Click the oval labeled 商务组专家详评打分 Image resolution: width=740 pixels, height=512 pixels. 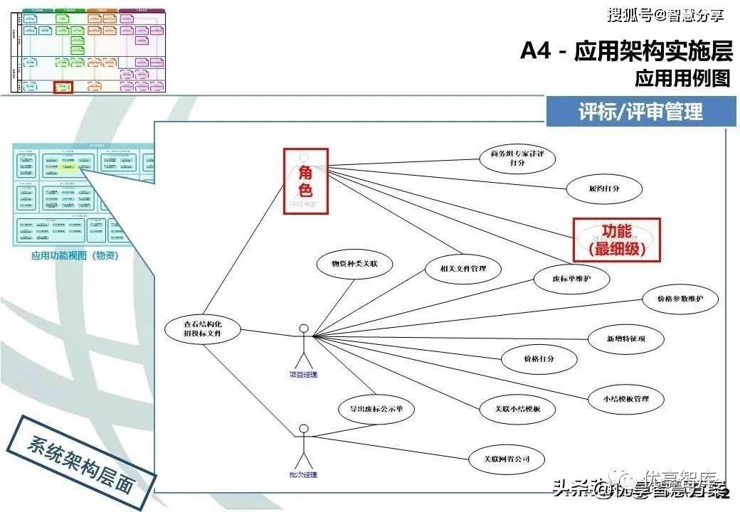[517, 158]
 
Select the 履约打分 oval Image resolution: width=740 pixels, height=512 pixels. [605, 188]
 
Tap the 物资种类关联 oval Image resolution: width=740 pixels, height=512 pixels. [354, 264]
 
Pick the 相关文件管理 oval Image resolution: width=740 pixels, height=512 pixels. [464, 269]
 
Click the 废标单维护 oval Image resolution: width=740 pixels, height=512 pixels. [571, 279]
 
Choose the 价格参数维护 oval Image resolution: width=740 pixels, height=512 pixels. [680, 299]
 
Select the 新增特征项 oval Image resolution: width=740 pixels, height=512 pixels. [625, 338]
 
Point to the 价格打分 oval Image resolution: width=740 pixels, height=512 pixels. [539, 358]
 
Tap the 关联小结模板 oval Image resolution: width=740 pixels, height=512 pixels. [517, 409]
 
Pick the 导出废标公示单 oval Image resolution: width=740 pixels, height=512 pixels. [375, 409]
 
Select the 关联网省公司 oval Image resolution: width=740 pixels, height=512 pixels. [507, 459]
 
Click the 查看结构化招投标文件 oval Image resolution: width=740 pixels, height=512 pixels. [203, 329]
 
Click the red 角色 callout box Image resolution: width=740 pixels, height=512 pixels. [305, 181]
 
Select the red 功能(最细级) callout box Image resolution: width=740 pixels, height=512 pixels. [616, 239]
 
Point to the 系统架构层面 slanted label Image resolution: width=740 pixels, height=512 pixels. [80, 458]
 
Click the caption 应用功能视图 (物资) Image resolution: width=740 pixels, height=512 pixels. [75, 256]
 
